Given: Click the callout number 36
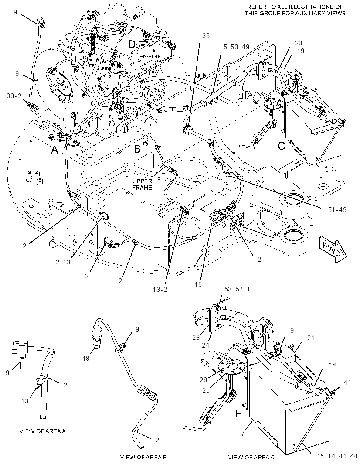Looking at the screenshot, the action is point(206,36).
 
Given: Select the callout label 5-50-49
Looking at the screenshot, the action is point(236,47).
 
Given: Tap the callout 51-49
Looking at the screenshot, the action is point(337,210).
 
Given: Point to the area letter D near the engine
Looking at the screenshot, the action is point(132,44).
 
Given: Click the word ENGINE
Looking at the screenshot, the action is point(150,56).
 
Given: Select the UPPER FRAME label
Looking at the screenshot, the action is point(142,185).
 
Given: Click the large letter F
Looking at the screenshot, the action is point(238,414).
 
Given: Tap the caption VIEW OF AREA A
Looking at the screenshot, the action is point(42,431).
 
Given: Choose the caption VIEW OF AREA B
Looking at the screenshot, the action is point(143,457).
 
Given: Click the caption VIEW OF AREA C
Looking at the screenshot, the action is point(251,457).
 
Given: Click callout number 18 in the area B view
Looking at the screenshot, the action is point(85,359).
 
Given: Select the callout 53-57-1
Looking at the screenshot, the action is point(237,289).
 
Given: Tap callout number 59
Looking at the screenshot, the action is point(332,364).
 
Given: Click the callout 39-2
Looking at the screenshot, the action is point(14,96).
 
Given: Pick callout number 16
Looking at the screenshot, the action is point(198,284).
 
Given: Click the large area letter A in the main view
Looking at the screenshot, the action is point(54,150).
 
